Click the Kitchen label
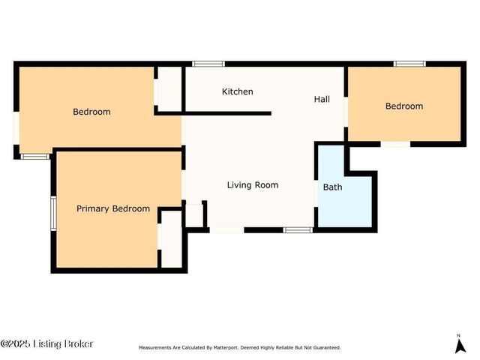[x=237, y=91]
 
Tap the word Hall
[x=322, y=99]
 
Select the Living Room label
[x=253, y=184]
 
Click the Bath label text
[x=332, y=187]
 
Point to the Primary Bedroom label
[x=113, y=208]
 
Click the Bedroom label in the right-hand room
[x=403, y=106]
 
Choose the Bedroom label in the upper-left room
[x=91, y=112]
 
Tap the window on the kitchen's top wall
[x=203, y=64]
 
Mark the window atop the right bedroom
[x=409, y=64]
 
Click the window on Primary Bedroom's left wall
[x=52, y=212]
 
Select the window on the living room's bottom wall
[x=298, y=229]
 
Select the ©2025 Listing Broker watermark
[x=46, y=344]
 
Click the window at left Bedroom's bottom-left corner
[x=34, y=156]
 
